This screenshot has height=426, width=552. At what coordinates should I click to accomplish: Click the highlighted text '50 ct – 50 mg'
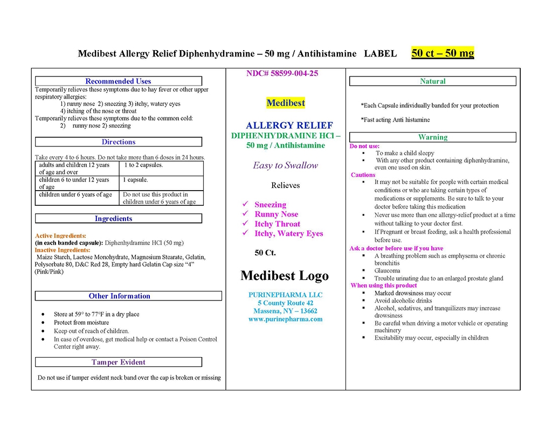(x=443, y=53)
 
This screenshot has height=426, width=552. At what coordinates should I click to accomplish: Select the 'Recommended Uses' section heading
(x=118, y=81)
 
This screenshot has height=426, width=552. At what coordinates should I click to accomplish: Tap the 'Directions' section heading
(x=118, y=142)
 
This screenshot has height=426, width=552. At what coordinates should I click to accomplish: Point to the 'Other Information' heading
(x=119, y=296)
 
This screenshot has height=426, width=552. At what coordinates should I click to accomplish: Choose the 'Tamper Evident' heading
(x=118, y=362)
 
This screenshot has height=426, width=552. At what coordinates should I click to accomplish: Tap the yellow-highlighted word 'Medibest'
(x=286, y=103)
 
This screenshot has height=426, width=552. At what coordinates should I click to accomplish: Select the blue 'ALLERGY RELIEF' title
(x=289, y=125)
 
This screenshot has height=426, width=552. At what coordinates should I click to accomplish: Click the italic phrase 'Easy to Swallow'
(x=286, y=165)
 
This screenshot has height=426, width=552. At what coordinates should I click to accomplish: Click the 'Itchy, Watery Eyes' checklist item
(x=289, y=234)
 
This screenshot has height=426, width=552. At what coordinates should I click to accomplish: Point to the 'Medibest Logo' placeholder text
(x=284, y=276)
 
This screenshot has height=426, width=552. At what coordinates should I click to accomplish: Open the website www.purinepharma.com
(x=285, y=319)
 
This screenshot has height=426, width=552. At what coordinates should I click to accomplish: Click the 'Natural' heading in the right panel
(x=432, y=81)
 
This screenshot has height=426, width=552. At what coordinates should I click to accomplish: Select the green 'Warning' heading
(x=432, y=137)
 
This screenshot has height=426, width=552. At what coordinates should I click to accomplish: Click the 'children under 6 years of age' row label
(x=75, y=195)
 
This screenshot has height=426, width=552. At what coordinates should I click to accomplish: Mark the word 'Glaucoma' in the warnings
(x=387, y=271)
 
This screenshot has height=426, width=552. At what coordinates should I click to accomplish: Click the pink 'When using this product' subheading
(x=384, y=285)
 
